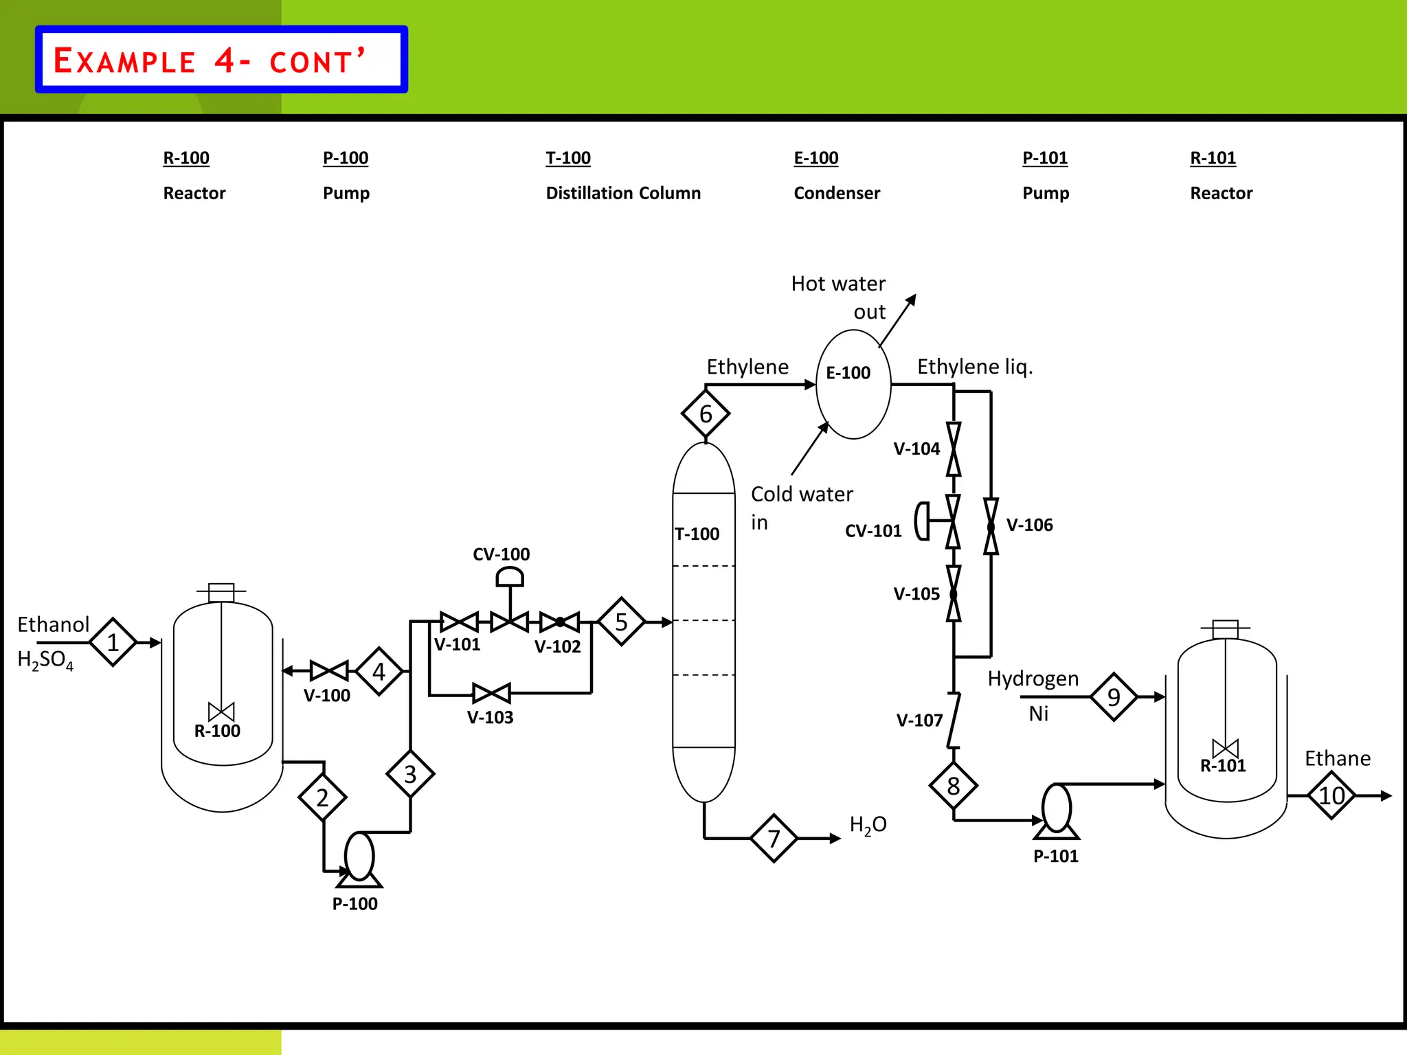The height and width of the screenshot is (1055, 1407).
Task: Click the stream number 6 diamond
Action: [706, 413]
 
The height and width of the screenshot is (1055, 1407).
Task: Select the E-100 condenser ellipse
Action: [853, 384]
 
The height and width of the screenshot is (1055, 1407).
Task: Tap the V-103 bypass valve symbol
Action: [492, 693]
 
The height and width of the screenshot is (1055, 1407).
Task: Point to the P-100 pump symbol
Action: [359, 859]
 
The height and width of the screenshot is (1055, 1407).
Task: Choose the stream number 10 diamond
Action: [1331, 795]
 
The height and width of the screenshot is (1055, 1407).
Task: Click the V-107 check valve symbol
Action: [954, 721]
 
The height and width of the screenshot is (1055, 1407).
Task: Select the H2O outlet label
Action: [868, 825]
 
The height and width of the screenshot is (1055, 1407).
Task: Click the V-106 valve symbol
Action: [991, 527]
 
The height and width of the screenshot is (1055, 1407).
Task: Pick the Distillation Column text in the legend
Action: [623, 193]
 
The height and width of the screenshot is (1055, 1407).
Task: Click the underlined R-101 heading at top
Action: [1213, 158]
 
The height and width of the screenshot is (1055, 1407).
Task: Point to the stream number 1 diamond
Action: [113, 642]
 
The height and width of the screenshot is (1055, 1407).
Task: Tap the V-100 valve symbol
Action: [329, 670]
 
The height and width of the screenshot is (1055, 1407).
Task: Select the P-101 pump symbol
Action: [1056, 811]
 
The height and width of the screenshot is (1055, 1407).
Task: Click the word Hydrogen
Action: [1033, 679]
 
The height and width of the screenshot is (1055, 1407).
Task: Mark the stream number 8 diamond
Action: [954, 786]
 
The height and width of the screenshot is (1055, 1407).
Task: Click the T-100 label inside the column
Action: [697, 534]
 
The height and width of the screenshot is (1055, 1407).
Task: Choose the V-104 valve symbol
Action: [954, 449]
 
